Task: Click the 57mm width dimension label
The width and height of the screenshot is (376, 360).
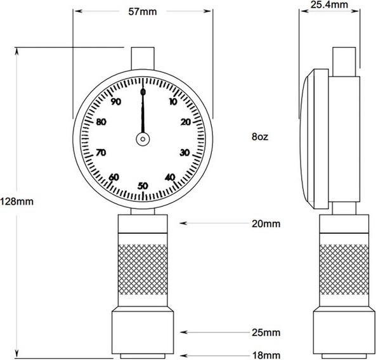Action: coord(143,11)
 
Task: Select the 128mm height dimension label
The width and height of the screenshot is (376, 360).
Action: coord(16,202)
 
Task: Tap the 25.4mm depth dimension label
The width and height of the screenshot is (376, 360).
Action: coord(329,4)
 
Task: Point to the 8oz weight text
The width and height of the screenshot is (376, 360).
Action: coord(260,137)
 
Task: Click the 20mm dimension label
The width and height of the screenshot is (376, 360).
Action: coord(266,224)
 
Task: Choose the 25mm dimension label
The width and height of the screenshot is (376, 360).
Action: coord(266,333)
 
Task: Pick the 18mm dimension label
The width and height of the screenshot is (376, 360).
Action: coord(266,355)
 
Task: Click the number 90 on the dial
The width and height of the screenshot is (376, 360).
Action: coord(116,101)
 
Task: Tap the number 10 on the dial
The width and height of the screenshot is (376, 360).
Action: coord(173,101)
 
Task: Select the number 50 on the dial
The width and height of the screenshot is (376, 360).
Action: coord(143,186)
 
